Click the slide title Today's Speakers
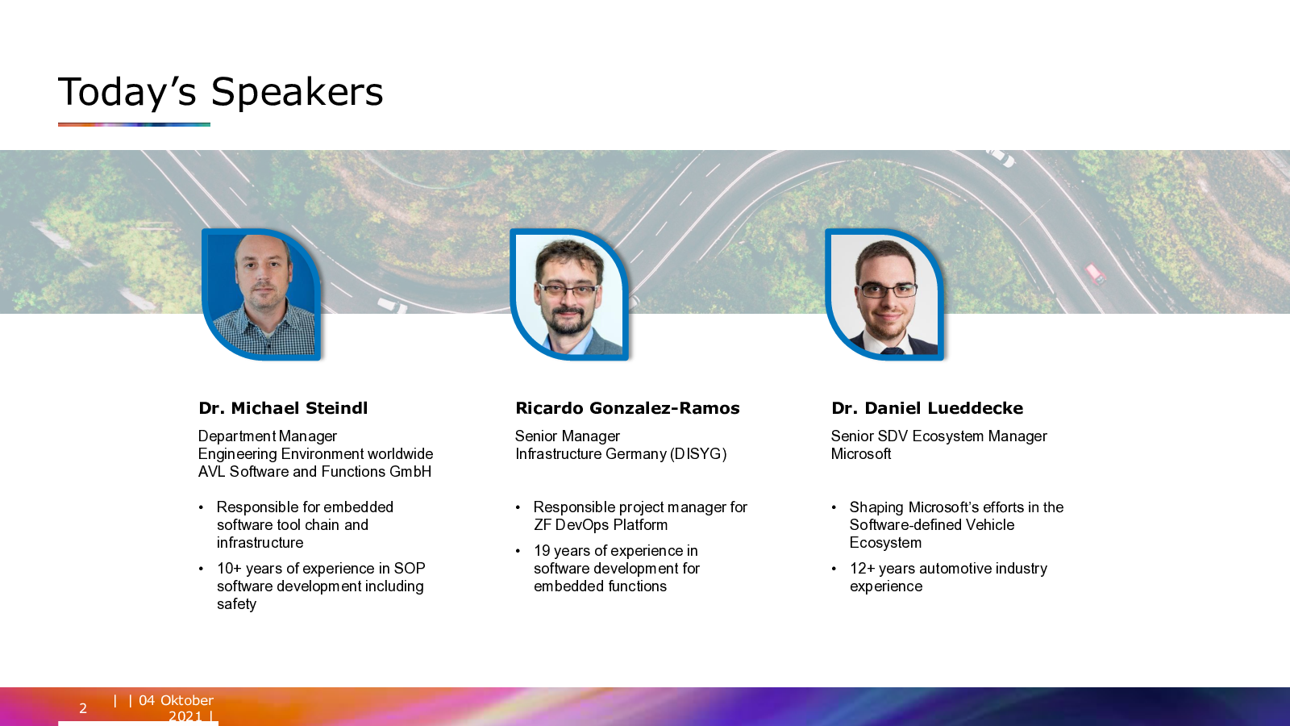(x=221, y=92)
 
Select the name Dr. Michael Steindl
(x=283, y=408)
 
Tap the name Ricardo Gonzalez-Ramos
(x=627, y=408)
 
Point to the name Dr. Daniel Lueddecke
(x=927, y=408)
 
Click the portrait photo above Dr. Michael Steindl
(x=261, y=294)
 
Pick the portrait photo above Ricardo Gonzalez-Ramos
(x=569, y=294)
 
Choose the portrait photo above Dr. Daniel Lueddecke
(x=884, y=294)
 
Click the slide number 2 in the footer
(x=83, y=708)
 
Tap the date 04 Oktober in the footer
(x=177, y=700)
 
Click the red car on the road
(x=1096, y=273)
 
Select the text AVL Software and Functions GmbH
(x=314, y=471)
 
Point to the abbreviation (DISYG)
(x=698, y=453)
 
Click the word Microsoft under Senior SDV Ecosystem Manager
(x=861, y=453)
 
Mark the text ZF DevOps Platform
(x=601, y=525)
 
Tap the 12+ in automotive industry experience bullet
(x=862, y=569)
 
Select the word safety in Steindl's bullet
(x=237, y=604)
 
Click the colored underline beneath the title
(x=134, y=124)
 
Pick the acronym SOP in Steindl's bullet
(x=410, y=569)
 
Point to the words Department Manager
(x=267, y=436)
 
